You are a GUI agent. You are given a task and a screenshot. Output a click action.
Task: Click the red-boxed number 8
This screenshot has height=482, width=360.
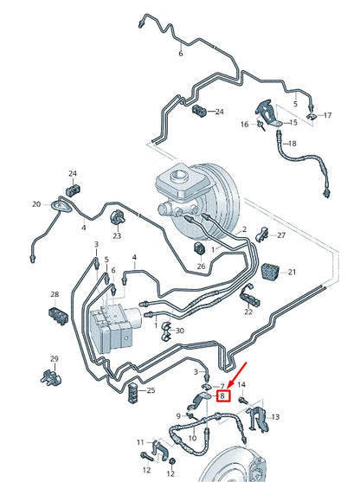[223, 397]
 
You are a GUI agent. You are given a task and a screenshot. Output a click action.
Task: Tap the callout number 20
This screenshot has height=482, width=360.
[36, 204]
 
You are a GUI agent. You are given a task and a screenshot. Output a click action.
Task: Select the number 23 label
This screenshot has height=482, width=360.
[117, 235]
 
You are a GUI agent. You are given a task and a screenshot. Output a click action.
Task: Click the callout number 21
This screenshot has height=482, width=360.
[291, 273]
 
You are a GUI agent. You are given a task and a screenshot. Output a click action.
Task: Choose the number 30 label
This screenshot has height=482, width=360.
[180, 331]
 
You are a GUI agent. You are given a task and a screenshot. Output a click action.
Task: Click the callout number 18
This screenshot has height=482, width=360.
[292, 143]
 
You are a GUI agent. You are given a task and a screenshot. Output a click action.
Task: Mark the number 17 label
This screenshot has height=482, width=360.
[327, 115]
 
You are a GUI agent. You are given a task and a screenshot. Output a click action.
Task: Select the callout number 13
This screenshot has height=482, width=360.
[276, 418]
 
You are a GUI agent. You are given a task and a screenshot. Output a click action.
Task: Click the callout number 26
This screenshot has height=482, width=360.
[202, 267]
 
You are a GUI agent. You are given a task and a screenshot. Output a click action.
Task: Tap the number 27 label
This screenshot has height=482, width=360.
[280, 234]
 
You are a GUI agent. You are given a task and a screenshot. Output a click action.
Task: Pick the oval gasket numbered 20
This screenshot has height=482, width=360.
[61, 205]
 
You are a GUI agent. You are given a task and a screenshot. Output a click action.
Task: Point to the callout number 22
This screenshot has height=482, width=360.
[247, 312]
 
